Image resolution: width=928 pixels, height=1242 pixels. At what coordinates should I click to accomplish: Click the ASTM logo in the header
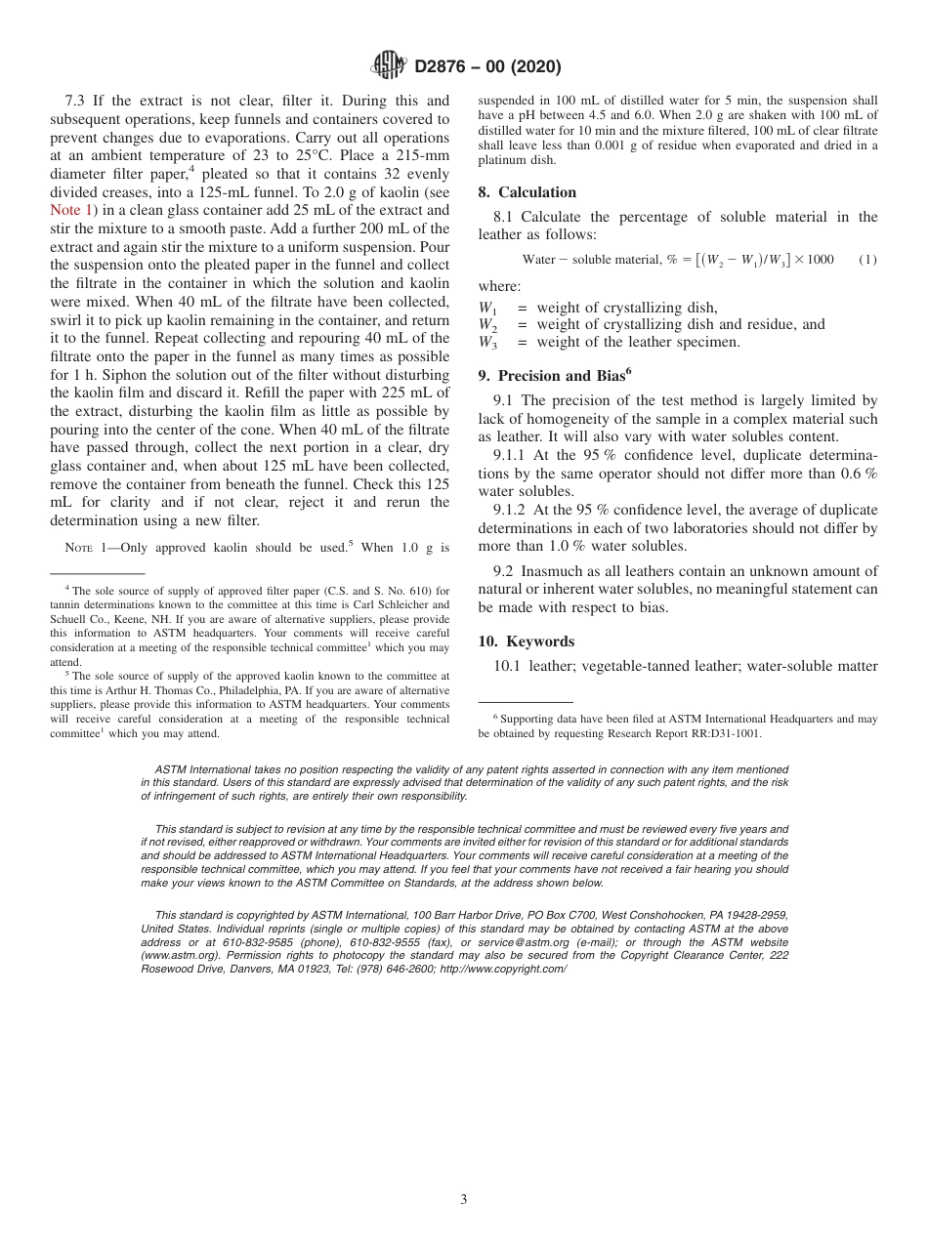(x=390, y=66)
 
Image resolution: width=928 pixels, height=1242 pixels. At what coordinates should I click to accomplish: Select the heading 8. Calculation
(x=527, y=192)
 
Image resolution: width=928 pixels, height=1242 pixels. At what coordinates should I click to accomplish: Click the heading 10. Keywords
(x=526, y=642)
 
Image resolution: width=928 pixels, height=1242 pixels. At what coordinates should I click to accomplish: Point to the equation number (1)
(x=867, y=260)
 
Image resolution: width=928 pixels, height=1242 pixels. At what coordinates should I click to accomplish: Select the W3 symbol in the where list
(x=486, y=343)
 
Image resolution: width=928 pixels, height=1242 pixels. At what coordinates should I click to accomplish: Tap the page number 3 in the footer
(x=464, y=1199)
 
